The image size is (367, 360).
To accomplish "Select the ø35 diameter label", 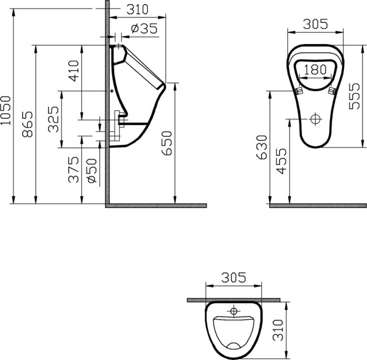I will (x=143, y=29).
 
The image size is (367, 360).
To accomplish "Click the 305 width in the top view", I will (x=234, y=277).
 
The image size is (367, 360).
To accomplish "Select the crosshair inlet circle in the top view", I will (x=234, y=311).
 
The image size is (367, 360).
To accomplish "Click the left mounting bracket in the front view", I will (x=299, y=90).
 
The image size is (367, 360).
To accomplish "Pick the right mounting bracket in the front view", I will (x=332, y=90).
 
